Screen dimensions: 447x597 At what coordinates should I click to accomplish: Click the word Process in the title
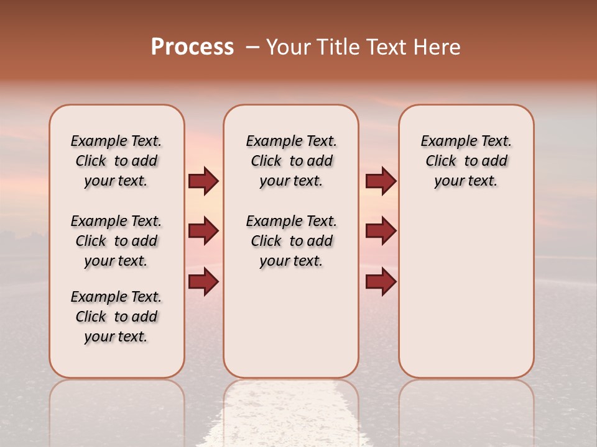(x=192, y=47)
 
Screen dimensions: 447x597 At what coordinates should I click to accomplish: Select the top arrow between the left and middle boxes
(x=203, y=181)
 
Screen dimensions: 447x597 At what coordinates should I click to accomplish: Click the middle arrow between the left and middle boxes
(x=203, y=231)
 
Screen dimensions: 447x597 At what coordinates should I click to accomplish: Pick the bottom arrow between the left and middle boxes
(x=203, y=281)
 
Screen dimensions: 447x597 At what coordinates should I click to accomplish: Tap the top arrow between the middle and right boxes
(x=381, y=181)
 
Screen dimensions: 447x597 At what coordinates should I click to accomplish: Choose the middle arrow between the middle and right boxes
(x=381, y=231)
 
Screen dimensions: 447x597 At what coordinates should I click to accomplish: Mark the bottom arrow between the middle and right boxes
(x=381, y=281)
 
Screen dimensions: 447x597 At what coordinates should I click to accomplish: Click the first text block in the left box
(x=116, y=161)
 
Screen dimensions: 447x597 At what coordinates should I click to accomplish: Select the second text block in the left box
(x=116, y=241)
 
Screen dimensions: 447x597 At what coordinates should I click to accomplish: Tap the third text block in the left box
(x=116, y=317)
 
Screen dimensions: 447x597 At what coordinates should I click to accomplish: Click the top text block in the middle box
(x=291, y=161)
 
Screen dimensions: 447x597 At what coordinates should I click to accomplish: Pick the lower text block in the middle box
(x=291, y=241)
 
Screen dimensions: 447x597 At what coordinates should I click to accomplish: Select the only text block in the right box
(x=466, y=161)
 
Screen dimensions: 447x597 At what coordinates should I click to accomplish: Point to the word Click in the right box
(x=441, y=161)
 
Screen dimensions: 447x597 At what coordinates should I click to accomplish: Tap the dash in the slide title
(x=252, y=47)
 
